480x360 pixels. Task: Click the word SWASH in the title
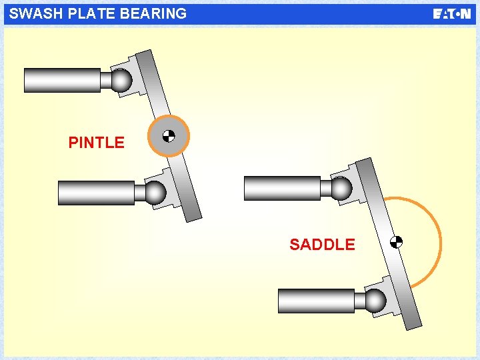pyautogui.click(x=32, y=13)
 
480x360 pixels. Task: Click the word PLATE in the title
pyautogui.click(x=82, y=13)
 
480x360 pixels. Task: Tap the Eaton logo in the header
pyautogui.click(x=451, y=14)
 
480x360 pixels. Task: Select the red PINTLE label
pyautogui.click(x=96, y=143)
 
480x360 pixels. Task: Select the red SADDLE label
pyautogui.click(x=322, y=245)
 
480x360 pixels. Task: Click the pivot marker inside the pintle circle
pyautogui.click(x=169, y=136)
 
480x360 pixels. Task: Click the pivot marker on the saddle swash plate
pyautogui.click(x=396, y=242)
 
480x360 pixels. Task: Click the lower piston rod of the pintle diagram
pyautogui.click(x=96, y=193)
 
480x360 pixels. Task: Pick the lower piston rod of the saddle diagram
pyautogui.click(x=316, y=301)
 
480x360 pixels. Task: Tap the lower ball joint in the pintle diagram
pyautogui.click(x=156, y=193)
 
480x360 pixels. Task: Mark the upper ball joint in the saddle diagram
pyautogui.click(x=341, y=188)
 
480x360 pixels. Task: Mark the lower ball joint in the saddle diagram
pyautogui.click(x=375, y=301)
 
